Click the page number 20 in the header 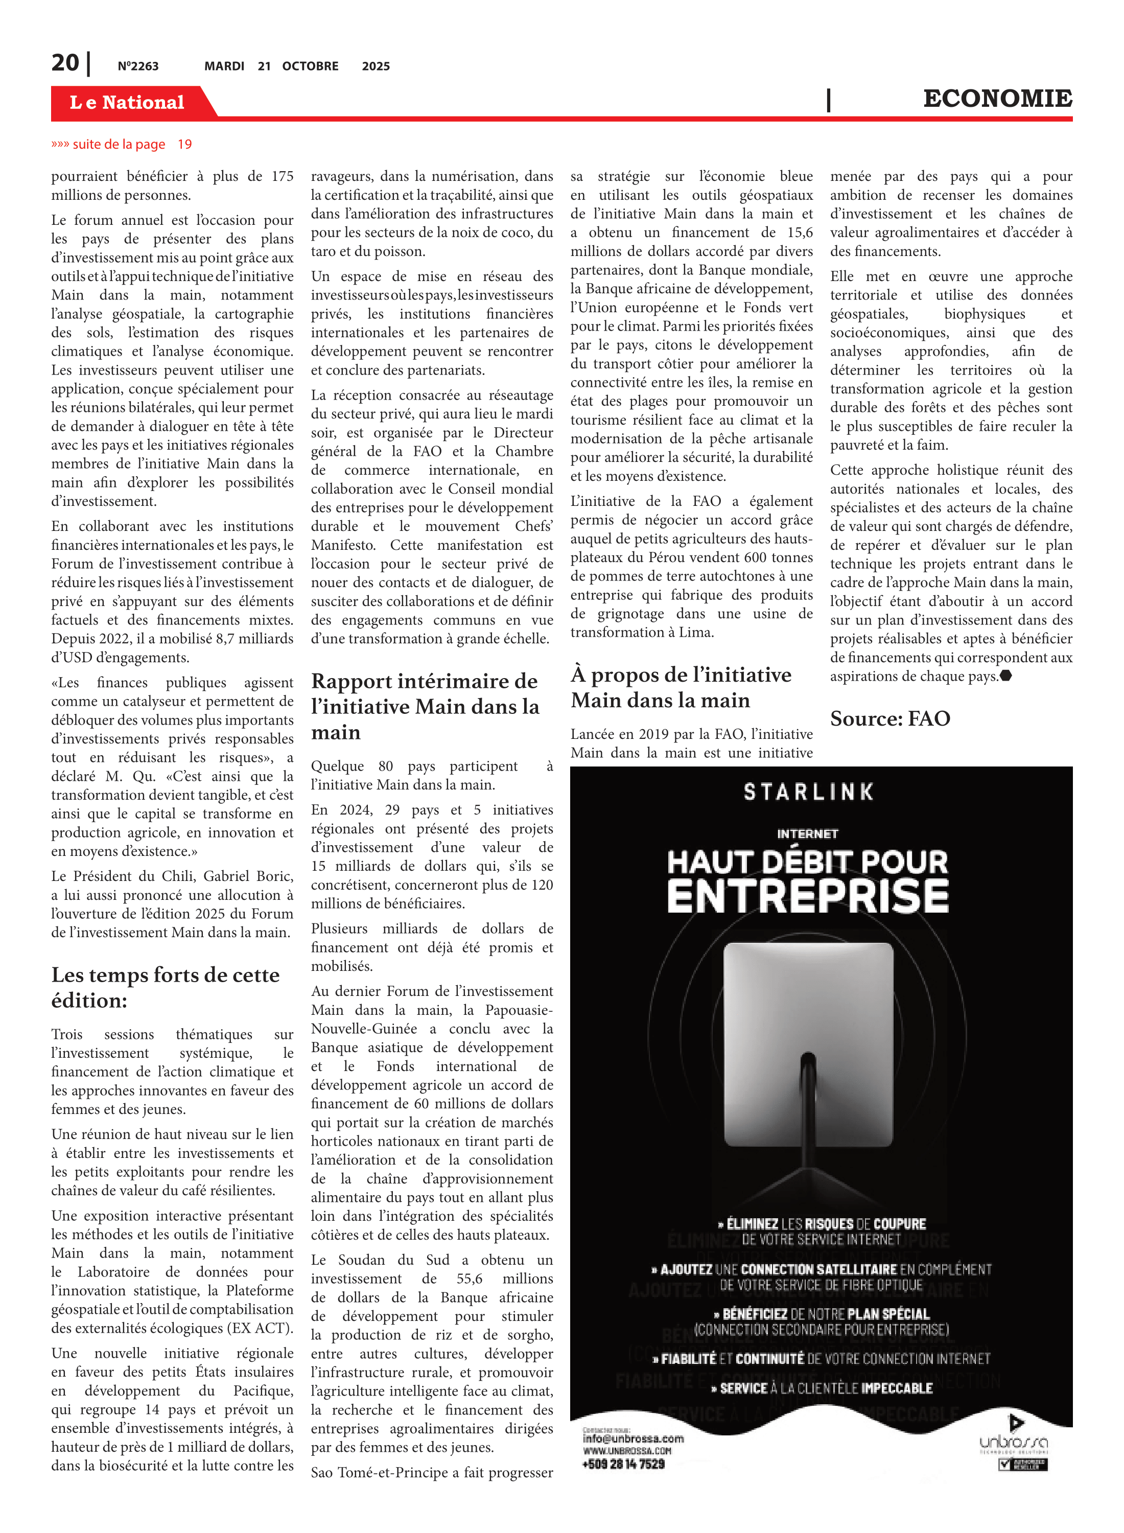point(65,63)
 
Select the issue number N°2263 point(137,66)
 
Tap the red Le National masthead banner point(127,102)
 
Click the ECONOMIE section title point(997,99)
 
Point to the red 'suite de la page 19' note point(122,144)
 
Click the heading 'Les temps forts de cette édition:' point(166,987)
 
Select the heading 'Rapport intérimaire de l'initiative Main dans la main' point(425,706)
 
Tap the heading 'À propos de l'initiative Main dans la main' point(681,687)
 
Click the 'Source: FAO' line point(889,718)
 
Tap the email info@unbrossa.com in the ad point(633,1438)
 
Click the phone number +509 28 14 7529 point(623,1464)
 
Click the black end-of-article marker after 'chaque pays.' point(1006,676)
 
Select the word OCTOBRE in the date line point(310,66)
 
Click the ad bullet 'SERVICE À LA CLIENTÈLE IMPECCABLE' point(821,1388)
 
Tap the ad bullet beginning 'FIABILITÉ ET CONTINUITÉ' point(821,1358)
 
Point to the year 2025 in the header point(376,66)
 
